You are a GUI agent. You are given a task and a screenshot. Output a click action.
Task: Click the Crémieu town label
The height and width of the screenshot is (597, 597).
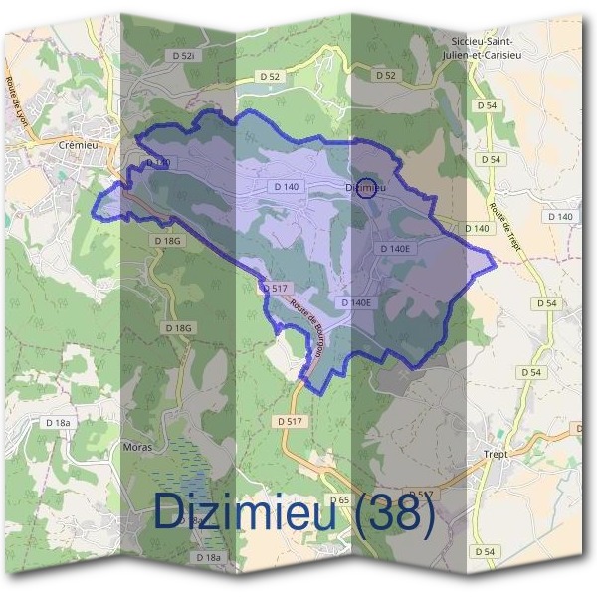(76, 143)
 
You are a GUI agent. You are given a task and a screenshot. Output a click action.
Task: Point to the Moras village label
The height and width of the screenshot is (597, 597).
(137, 448)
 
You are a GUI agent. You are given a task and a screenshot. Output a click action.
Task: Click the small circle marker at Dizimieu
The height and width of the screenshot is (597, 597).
(367, 187)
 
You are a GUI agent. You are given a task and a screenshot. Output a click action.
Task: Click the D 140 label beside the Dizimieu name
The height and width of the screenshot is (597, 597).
(286, 186)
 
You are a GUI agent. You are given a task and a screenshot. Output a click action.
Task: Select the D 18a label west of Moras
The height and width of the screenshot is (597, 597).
(59, 423)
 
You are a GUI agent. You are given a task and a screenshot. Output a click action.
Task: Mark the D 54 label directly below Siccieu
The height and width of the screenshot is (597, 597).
(487, 104)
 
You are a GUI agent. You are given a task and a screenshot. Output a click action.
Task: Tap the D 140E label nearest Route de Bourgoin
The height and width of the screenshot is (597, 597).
(355, 301)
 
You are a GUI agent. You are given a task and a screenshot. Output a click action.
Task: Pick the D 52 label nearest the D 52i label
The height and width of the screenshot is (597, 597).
(270, 76)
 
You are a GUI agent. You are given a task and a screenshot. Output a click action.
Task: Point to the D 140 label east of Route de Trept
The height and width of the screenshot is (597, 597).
(560, 216)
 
